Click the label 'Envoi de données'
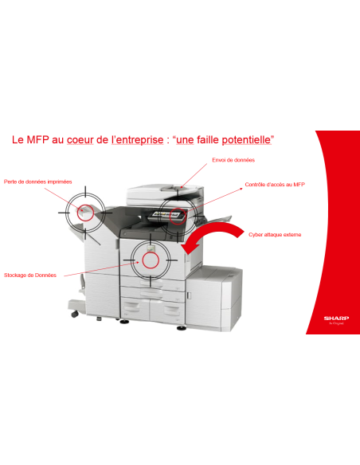(x=233, y=160)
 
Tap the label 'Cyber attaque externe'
(x=274, y=235)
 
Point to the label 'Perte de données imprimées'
(x=37, y=181)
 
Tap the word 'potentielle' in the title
(x=243, y=139)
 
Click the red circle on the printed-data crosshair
(x=84, y=211)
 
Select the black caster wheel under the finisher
(x=75, y=314)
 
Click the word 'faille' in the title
(x=198, y=139)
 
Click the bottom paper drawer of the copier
(x=151, y=312)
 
